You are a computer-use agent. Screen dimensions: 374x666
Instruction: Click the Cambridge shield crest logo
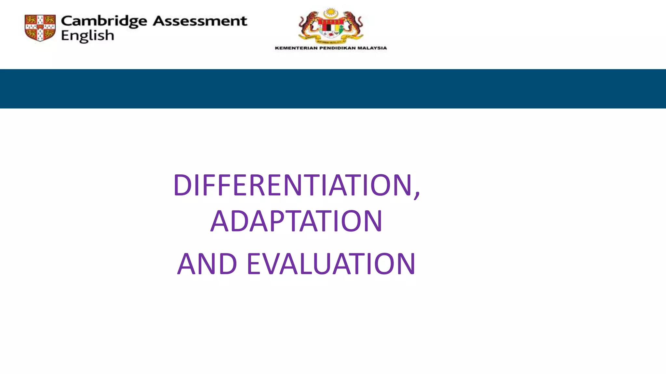tap(40, 28)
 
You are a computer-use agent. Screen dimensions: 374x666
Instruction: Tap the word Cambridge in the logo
tap(104, 21)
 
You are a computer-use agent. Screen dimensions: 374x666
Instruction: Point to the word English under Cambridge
tap(87, 36)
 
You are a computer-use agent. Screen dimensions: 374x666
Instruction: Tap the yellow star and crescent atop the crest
tap(331, 13)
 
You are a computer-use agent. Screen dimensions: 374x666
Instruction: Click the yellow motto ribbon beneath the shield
tap(331, 41)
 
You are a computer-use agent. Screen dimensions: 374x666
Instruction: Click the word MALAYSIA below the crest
tap(372, 48)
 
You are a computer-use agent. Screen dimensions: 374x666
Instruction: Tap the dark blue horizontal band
tap(333, 89)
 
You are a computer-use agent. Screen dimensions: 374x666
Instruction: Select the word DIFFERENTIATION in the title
tap(293, 185)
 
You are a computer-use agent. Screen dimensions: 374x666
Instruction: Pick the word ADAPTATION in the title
tap(296, 221)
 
